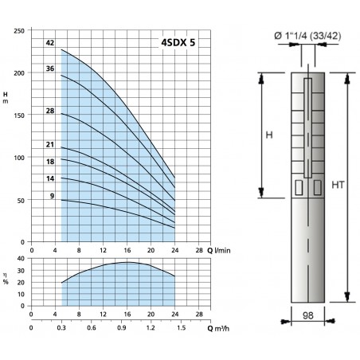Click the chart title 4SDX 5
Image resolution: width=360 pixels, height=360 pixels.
[x=178, y=42]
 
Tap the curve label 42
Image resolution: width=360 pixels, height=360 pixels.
[x=50, y=43]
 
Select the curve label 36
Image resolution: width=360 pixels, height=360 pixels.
[x=50, y=68]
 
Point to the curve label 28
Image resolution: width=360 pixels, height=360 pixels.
[x=50, y=111]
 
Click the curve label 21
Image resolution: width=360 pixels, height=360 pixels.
[x=50, y=144]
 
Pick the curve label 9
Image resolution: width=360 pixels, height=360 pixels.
[x=52, y=196]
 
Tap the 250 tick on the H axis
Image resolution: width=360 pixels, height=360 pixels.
[x=19, y=31]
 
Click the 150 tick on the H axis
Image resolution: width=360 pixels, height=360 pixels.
[x=19, y=115]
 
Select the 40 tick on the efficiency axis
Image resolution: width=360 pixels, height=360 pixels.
[x=21, y=258]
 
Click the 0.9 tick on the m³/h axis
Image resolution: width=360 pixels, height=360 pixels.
[x=121, y=328]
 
